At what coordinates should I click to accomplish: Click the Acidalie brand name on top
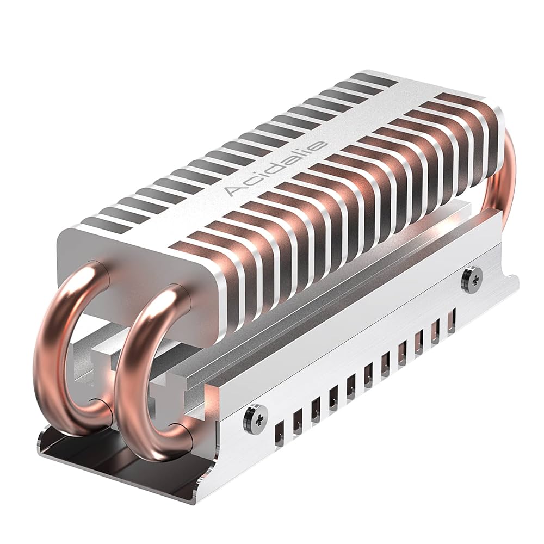point(276,168)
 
